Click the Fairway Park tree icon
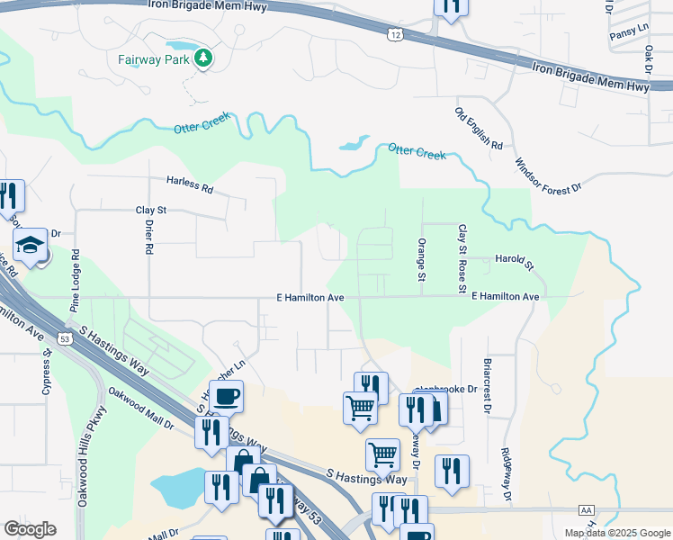tap(204, 59)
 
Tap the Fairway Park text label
tap(157, 60)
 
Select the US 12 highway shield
tap(395, 33)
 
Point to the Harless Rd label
tap(190, 184)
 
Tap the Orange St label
tap(421, 258)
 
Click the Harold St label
tap(515, 262)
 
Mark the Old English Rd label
tap(478, 129)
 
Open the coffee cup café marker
tap(227, 396)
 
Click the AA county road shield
tap(588, 509)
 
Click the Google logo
tap(30, 528)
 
